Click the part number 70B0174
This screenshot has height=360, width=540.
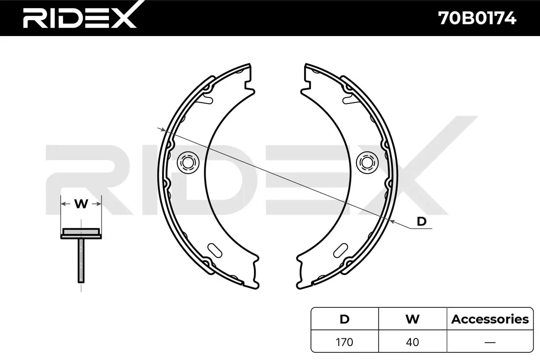tap(477, 18)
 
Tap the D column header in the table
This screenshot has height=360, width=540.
tap(345, 319)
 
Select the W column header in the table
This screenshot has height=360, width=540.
tap(413, 319)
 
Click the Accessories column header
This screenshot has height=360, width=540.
tap(490, 319)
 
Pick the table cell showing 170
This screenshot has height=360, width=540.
tap(344, 342)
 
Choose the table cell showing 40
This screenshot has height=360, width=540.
tap(413, 342)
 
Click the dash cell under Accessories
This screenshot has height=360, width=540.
tap(490, 342)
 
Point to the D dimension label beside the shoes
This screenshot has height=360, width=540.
tap(422, 221)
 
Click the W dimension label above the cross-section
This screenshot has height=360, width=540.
tap(81, 204)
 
